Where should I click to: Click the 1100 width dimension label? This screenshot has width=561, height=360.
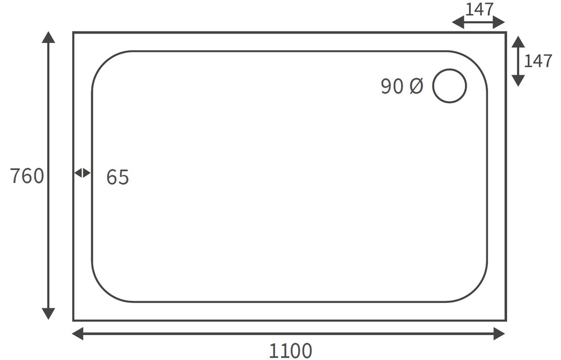(290, 351)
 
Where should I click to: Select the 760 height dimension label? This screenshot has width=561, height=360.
(27, 176)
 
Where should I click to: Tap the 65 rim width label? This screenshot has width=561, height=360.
(117, 177)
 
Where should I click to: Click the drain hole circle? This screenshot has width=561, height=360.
(449, 69)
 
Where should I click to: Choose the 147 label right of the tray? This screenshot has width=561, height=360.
(538, 61)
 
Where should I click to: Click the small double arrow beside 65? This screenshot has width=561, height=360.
(82, 173)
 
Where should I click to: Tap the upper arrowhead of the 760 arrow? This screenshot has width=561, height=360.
(49, 37)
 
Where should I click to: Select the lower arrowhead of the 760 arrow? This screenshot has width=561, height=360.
(49, 313)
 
